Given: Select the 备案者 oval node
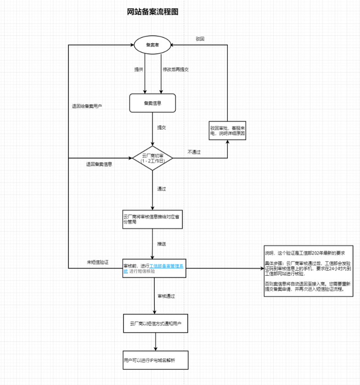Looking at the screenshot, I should (x=153, y=45).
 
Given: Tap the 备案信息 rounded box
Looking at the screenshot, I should (x=153, y=103).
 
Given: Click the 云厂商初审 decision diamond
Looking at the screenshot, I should (x=153, y=159).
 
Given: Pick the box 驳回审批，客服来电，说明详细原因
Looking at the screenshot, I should (x=228, y=131).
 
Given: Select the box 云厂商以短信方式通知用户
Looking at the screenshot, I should (x=156, y=324).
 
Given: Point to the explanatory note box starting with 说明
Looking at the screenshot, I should (x=308, y=271).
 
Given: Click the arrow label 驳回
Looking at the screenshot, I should (x=200, y=39).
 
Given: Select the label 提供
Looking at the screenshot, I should (x=138, y=69).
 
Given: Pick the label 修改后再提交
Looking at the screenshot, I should (x=176, y=69).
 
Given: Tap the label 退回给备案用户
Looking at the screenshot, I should (x=87, y=106).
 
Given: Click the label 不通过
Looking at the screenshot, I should (x=194, y=151).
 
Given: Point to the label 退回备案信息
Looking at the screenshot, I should (x=99, y=164).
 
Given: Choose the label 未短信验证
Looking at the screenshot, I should (x=97, y=262).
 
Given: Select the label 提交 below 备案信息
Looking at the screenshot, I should (x=161, y=127).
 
